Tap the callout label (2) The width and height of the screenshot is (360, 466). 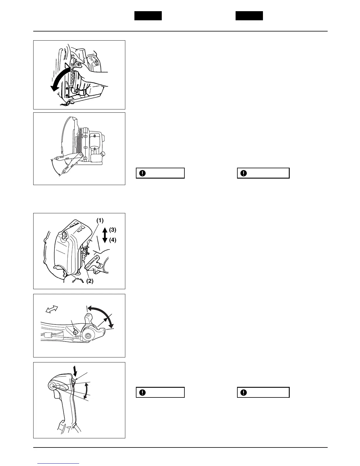point(89,281)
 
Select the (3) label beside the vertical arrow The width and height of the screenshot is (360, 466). point(113,229)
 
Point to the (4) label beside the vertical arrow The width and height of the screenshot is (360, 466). point(113,240)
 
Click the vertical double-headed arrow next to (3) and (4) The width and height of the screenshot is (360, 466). point(105,235)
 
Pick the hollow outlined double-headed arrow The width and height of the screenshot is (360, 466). point(52,309)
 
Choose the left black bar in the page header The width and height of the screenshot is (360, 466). point(148,16)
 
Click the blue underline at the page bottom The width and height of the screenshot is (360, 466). point(59,463)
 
